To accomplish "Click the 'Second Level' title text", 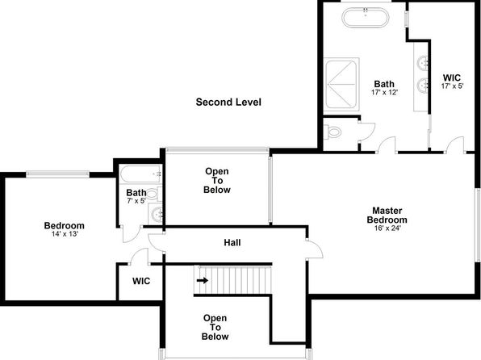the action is [228, 102].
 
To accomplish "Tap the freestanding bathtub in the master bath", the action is [366, 18].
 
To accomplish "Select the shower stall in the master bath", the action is [341, 85].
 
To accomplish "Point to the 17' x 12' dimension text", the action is [384, 92].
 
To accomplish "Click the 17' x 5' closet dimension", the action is [452, 86].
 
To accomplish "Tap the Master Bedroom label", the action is [387, 216].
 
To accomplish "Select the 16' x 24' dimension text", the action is [387, 228].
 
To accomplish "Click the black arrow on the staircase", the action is [203, 281].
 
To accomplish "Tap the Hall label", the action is [232, 243].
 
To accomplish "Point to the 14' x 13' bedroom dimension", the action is [65, 234].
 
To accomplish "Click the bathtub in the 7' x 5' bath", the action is [140, 174].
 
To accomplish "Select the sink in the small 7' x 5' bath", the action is [157, 212].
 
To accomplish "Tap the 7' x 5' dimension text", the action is [136, 201].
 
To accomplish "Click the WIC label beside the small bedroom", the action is [141, 281].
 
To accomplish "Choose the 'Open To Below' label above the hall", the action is [217, 181].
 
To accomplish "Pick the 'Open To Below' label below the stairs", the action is [215, 327].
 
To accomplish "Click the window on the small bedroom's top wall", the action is [57, 174].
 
